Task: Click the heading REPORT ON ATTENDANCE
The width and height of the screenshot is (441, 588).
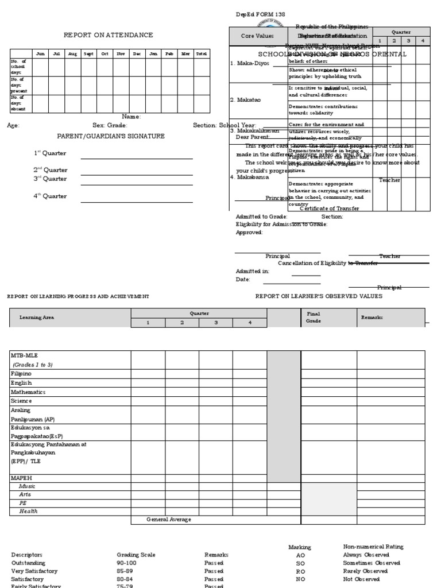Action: (x=108, y=35)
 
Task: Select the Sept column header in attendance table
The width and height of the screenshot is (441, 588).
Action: (x=88, y=53)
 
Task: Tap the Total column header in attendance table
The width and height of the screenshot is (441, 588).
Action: (x=201, y=53)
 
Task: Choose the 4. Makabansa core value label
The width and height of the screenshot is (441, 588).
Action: (x=249, y=177)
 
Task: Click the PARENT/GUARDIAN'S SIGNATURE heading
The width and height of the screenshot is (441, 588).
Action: (x=110, y=136)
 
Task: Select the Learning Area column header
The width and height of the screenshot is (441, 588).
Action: (x=37, y=317)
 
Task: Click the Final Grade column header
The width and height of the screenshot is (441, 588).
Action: (x=314, y=318)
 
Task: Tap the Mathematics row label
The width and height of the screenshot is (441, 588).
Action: (x=28, y=392)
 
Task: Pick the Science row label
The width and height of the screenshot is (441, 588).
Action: (x=21, y=401)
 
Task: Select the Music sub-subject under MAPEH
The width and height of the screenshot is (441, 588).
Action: (x=28, y=486)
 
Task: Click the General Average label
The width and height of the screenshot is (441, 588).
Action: (x=168, y=520)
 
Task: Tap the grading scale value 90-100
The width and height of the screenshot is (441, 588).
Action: (x=127, y=563)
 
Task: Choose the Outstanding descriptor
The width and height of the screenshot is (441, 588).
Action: (x=28, y=563)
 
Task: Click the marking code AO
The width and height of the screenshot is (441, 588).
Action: (x=300, y=555)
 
